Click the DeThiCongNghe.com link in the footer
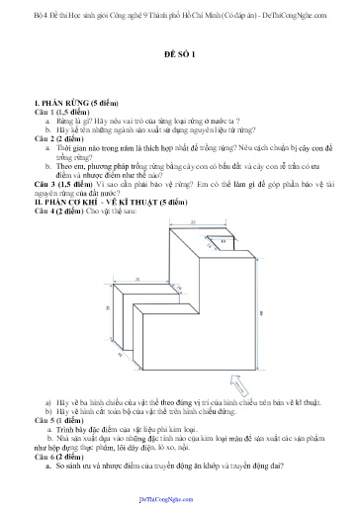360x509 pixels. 180,500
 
